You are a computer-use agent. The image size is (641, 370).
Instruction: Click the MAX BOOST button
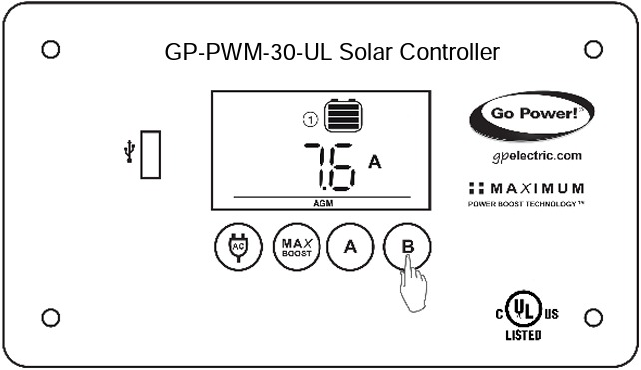click(x=293, y=246)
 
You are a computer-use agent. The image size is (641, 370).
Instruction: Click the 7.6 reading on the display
click(x=328, y=165)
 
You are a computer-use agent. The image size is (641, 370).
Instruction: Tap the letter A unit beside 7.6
click(x=375, y=161)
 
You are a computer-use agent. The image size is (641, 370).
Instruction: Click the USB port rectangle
click(x=151, y=154)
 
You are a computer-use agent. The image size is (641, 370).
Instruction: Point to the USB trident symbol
click(x=127, y=152)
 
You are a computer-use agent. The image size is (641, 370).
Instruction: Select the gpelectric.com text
click(x=537, y=156)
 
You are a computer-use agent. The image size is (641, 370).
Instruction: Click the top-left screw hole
click(x=51, y=49)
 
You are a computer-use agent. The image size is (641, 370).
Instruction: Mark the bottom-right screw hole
click(x=592, y=317)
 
